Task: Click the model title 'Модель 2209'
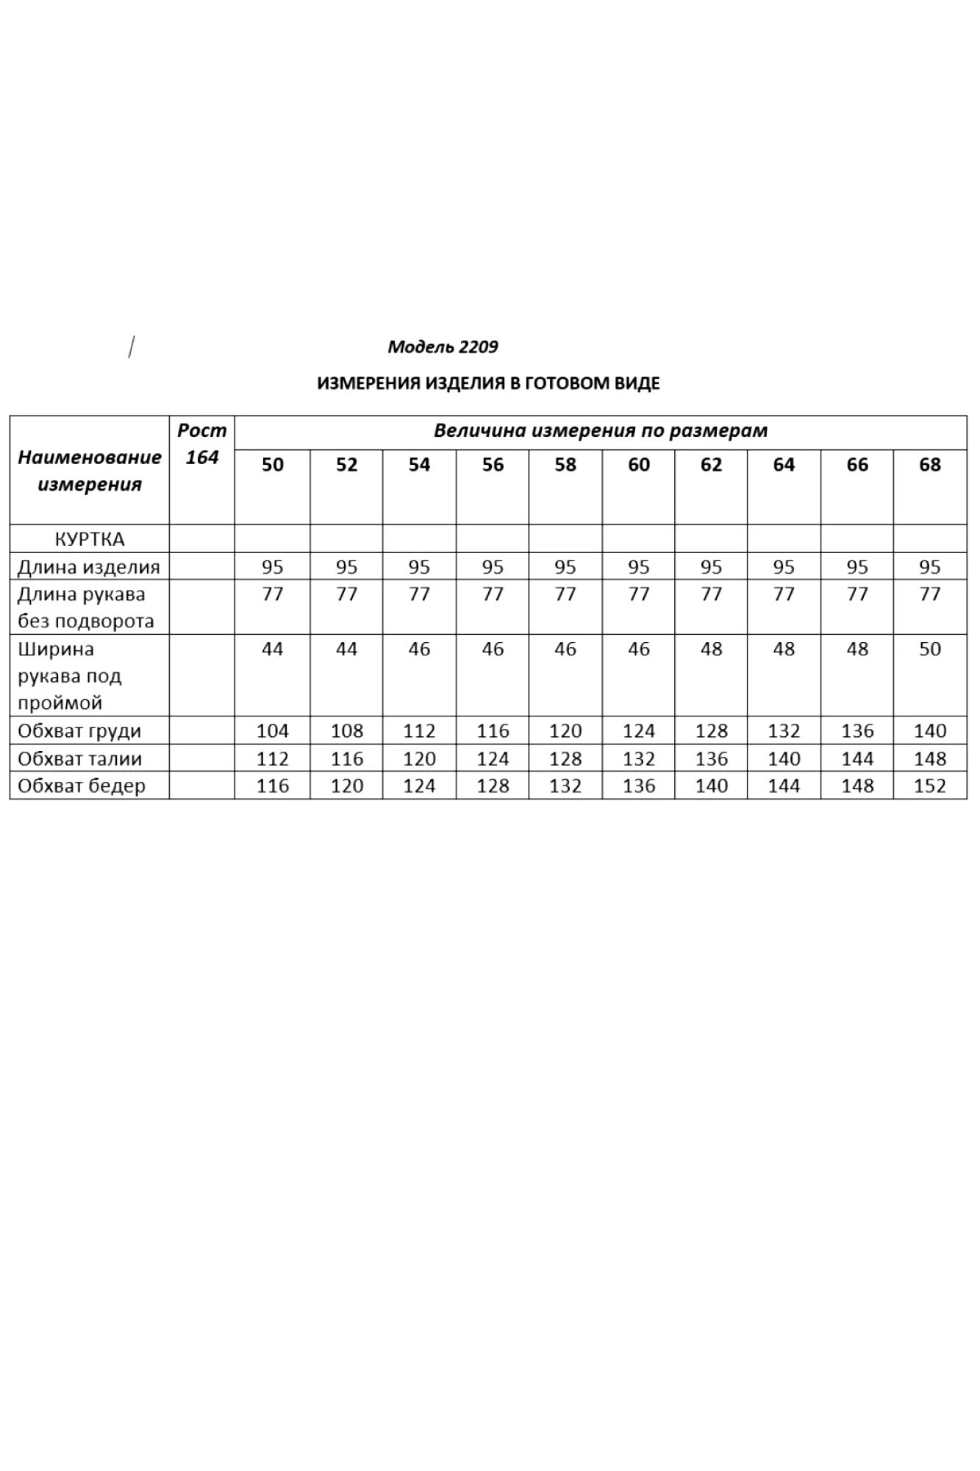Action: click(443, 346)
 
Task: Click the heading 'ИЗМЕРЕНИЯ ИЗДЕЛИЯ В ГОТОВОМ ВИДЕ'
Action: click(488, 383)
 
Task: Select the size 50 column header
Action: click(272, 465)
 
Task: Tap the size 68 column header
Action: click(929, 465)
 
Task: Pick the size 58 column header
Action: click(565, 465)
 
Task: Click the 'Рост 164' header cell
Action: click(201, 444)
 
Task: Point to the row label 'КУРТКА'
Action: click(90, 539)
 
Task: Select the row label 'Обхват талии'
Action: click(79, 758)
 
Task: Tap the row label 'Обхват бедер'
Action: click(82, 786)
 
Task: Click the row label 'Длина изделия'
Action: click(88, 567)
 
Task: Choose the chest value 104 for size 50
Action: click(272, 731)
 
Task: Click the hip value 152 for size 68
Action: click(929, 786)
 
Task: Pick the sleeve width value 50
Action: click(929, 649)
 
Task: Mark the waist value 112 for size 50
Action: click(272, 758)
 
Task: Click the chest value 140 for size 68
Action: click(929, 731)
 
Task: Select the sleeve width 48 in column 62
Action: click(711, 649)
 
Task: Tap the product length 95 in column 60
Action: click(638, 567)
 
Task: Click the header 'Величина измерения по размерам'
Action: click(600, 431)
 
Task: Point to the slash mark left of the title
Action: click(131, 346)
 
